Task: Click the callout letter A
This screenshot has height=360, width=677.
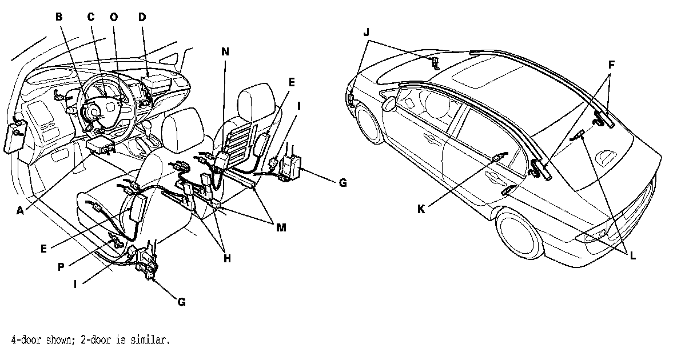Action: pyautogui.click(x=21, y=210)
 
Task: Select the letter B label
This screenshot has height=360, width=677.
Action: pyautogui.click(x=58, y=17)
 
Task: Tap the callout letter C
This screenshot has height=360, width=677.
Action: pyautogui.click(x=90, y=17)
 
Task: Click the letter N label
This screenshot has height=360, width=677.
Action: pyautogui.click(x=225, y=51)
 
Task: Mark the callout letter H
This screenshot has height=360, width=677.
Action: pyautogui.click(x=227, y=258)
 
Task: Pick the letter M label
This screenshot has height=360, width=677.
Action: pyautogui.click(x=281, y=227)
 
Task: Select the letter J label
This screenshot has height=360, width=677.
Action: pyautogui.click(x=367, y=32)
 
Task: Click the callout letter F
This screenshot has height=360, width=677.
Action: pyautogui.click(x=611, y=65)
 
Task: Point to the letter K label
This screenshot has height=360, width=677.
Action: pyautogui.click(x=421, y=209)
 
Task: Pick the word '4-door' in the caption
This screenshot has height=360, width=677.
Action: pyautogui.click(x=25, y=341)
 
